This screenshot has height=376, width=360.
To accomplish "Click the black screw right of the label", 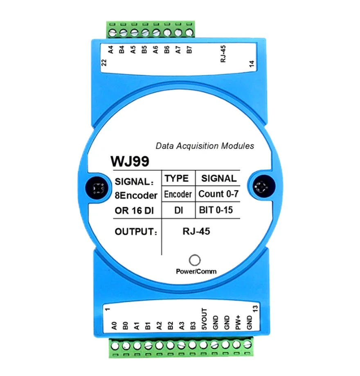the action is (x=261, y=188).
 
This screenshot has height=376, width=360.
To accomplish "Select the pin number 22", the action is (x=104, y=63).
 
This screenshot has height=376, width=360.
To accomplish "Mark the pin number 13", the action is (x=255, y=310).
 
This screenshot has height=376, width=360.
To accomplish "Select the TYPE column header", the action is (x=176, y=178).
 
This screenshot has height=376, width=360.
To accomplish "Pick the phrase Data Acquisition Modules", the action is (x=205, y=146).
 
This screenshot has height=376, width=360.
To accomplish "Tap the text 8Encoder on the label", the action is (x=136, y=196).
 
